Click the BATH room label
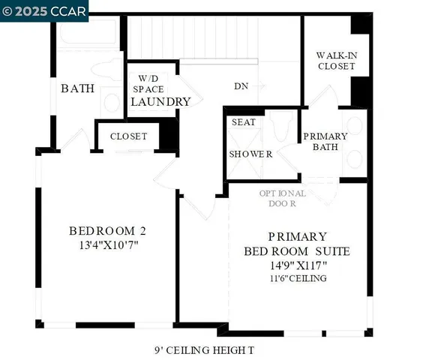[78, 88]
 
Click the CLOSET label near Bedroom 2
[128, 136]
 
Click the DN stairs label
[241, 86]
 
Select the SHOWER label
[250, 154]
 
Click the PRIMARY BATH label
[325, 141]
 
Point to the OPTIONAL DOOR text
[283, 198]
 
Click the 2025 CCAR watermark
[45, 10]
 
